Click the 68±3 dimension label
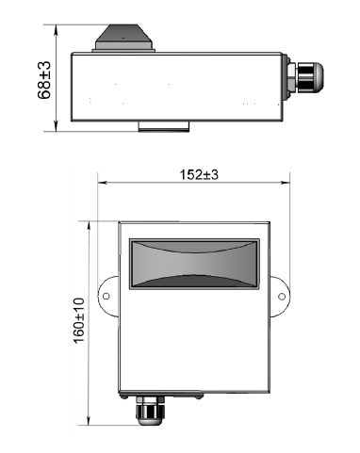coord(44,80)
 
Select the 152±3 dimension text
coord(199,175)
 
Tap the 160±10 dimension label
coord(79,320)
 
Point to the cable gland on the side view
coord(304,78)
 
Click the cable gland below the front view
coord(150,411)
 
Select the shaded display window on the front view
coord(194,264)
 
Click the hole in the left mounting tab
coord(106,296)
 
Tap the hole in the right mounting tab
coord(282,297)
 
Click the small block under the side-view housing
coord(164,126)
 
